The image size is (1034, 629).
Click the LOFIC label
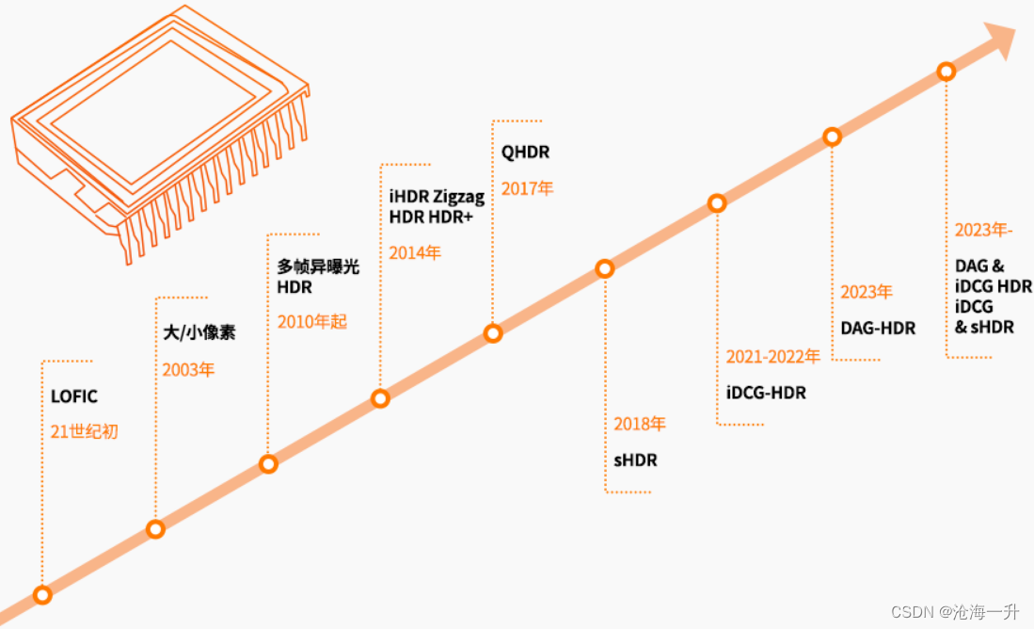point(74,396)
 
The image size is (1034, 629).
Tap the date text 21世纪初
point(85,432)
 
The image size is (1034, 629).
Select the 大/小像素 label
point(199,332)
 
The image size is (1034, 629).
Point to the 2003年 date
point(188,369)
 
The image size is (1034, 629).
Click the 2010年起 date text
point(312,321)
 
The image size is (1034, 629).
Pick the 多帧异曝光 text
point(318,267)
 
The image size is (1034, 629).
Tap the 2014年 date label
point(415,252)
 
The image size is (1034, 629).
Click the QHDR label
point(525,153)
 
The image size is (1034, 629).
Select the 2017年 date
point(527,188)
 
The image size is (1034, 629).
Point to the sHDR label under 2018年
point(635,460)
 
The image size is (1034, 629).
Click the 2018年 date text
point(640,424)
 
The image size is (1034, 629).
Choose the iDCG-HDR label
point(766,393)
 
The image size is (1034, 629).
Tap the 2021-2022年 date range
point(772,357)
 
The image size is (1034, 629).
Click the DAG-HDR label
point(878,328)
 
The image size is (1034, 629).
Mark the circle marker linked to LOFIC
point(42,594)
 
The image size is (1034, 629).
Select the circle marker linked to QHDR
point(492,333)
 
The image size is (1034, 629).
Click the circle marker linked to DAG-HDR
point(832,137)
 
